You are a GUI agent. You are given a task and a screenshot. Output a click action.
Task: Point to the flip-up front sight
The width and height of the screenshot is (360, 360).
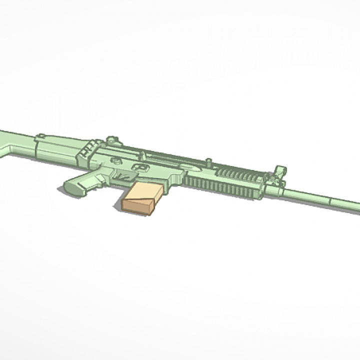[x=278, y=172]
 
